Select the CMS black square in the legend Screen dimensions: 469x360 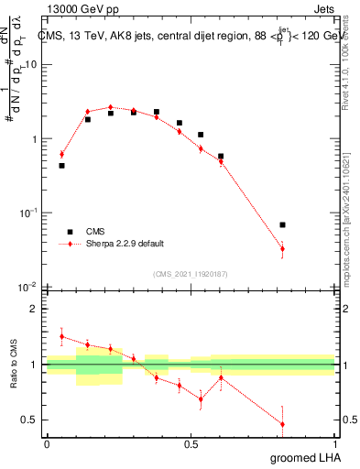[x=68, y=232]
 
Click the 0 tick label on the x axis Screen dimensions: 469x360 [x=47, y=443]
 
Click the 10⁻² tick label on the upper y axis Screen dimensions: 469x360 [x=28, y=288]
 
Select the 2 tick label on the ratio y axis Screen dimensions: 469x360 [x=35, y=310]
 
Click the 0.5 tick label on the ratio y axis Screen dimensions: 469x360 [x=30, y=420]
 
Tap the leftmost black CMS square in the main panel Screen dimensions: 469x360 [x=61, y=166]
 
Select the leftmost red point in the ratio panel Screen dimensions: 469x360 [x=61, y=336]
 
